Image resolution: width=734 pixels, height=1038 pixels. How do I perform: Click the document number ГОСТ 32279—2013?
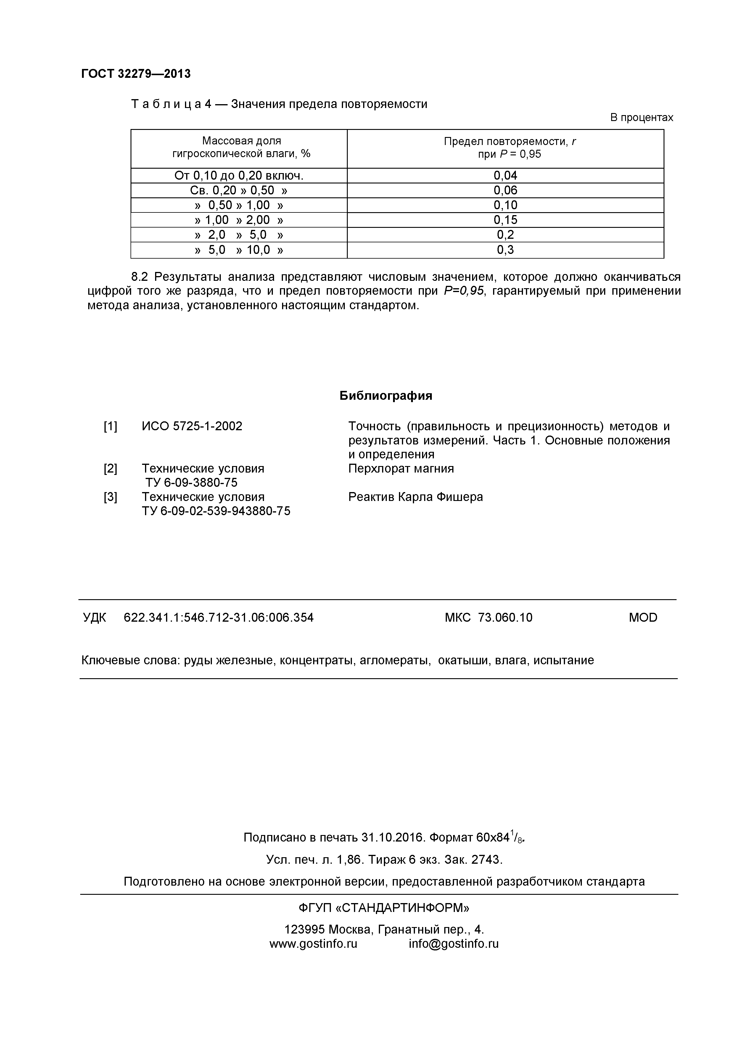136,74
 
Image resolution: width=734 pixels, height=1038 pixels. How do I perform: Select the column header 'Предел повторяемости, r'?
509,141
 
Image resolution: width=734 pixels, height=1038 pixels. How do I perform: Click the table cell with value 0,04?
505,175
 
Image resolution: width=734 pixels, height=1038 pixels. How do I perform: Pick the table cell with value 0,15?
505,220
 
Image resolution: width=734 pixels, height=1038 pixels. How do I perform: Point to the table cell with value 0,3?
505,249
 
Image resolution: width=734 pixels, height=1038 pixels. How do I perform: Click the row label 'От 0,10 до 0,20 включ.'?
239,175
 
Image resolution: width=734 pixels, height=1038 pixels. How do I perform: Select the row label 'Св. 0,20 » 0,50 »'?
239,190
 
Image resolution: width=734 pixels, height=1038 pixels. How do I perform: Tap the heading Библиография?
385,396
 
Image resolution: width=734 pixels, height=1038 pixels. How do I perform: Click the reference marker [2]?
110,468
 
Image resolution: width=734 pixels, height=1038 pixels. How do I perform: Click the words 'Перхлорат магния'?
401,468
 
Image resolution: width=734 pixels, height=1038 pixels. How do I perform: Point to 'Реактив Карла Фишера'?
415,497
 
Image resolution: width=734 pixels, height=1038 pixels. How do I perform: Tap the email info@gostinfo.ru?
453,944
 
